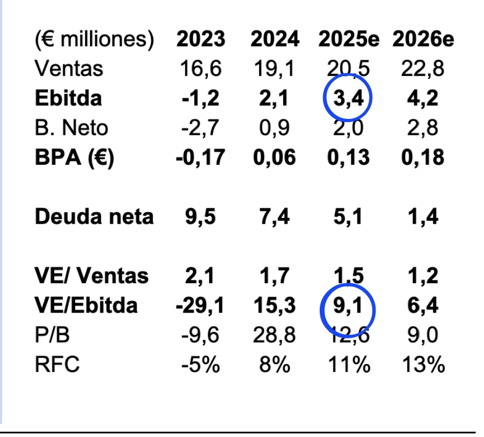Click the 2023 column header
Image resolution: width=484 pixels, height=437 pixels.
[x=200, y=39]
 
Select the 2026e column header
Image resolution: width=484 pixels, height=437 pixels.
[x=423, y=39]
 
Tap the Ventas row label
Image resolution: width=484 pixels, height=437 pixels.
[x=68, y=69]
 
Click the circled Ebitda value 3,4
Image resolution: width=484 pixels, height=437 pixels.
[x=348, y=99]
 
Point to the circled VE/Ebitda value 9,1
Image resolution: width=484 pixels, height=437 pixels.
[x=348, y=306]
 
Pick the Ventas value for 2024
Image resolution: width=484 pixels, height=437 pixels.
[x=274, y=69]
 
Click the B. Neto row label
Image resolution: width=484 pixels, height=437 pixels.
[x=71, y=128]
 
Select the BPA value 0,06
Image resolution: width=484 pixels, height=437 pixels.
[x=274, y=158]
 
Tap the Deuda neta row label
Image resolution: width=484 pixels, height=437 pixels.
[x=94, y=217]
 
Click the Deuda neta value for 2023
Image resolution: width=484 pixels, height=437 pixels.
[x=200, y=217]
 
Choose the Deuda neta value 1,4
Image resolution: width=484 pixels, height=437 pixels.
[x=423, y=217]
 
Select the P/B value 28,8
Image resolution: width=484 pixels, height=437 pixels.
[x=274, y=335]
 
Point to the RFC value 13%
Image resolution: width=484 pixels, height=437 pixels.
[x=423, y=364]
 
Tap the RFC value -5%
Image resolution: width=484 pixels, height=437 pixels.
[x=200, y=364]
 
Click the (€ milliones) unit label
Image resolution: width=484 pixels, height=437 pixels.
[x=94, y=39]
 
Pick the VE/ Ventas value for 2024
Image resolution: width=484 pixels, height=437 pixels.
[x=274, y=276]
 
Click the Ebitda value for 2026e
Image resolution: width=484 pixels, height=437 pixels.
[x=423, y=99]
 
